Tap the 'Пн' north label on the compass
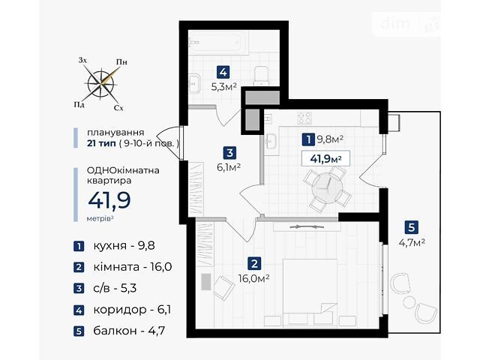click(121, 62)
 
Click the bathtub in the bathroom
click(214, 45)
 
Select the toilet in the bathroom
click(261, 75)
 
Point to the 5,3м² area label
click(223, 87)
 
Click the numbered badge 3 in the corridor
click(230, 152)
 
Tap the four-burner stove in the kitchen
click(304, 118)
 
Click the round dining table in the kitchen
click(327, 187)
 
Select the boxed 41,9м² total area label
click(325, 158)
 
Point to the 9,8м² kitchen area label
click(330, 139)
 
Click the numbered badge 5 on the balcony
click(411, 227)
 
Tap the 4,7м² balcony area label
click(412, 242)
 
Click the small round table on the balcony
click(409, 303)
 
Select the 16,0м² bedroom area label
click(253, 278)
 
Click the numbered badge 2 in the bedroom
click(254, 263)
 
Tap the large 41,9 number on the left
click(109, 200)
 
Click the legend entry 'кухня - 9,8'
click(114, 246)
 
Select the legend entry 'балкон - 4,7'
click(119, 331)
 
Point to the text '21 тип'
click(101, 143)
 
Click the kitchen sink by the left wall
click(271, 141)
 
